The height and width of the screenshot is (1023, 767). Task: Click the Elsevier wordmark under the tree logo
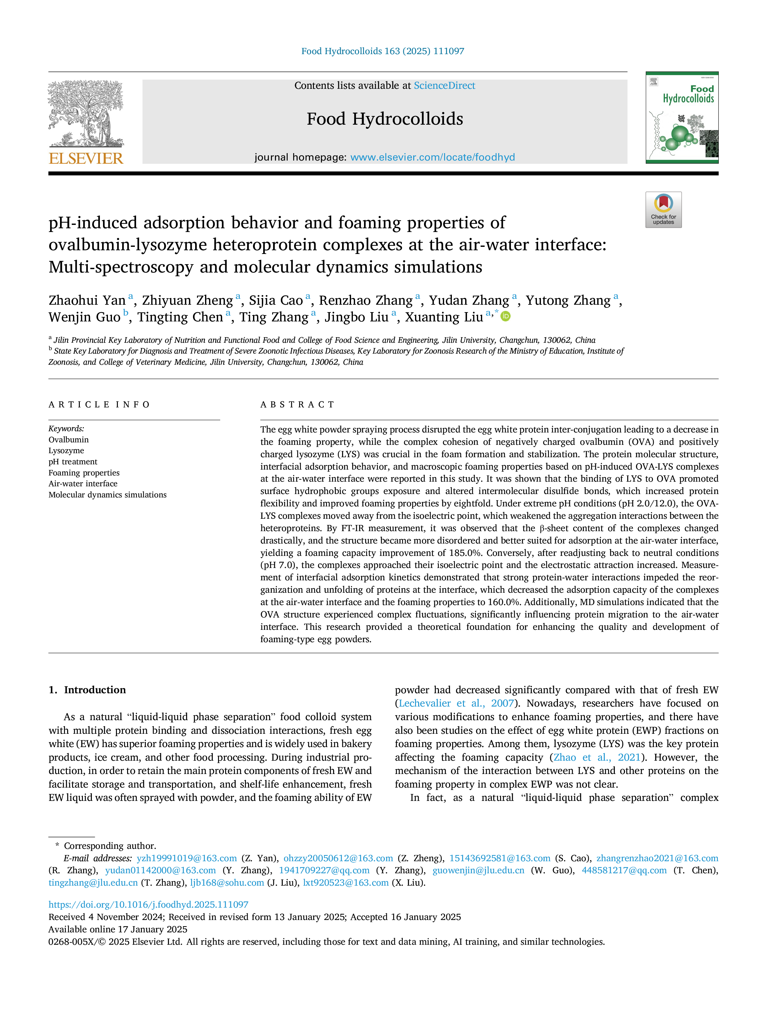pos(86,159)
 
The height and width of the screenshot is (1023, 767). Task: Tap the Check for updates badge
pos(663,209)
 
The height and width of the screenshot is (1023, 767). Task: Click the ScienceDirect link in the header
pos(444,86)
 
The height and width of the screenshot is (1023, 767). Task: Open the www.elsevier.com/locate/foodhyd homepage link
pos(432,157)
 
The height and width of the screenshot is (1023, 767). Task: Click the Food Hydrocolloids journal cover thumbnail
pos(682,118)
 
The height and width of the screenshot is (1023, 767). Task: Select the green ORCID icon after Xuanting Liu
pos(506,316)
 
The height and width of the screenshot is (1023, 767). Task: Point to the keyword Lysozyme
pos(66,450)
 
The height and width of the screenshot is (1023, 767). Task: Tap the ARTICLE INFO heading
pos(99,405)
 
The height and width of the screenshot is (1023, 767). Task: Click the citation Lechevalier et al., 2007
pos(456,703)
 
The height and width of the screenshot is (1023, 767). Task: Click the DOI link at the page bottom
pos(148,905)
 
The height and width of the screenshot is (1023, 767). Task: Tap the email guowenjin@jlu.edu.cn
pos(478,870)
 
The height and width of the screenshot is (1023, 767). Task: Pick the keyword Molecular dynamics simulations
pos(107,495)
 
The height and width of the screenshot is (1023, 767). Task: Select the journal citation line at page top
pos(383,51)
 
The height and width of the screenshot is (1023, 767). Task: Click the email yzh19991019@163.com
pos(187,858)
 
